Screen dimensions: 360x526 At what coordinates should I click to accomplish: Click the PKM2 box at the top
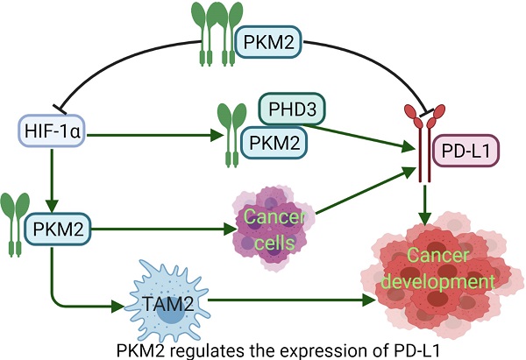272,39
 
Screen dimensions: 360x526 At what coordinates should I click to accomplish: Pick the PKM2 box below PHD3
276,140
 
